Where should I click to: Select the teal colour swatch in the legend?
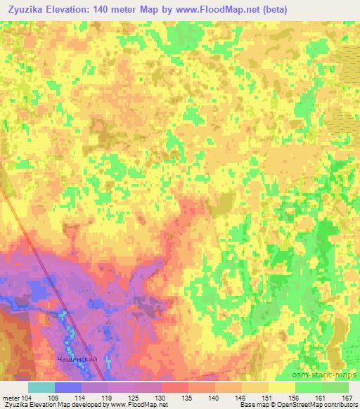click(41, 387)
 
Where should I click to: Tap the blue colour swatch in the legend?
click(68, 387)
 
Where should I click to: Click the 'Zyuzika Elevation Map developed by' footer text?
click(53, 405)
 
